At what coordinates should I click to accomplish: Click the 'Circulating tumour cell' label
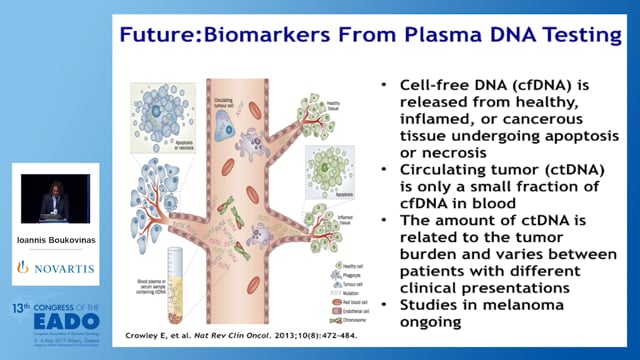coord(237,103)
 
